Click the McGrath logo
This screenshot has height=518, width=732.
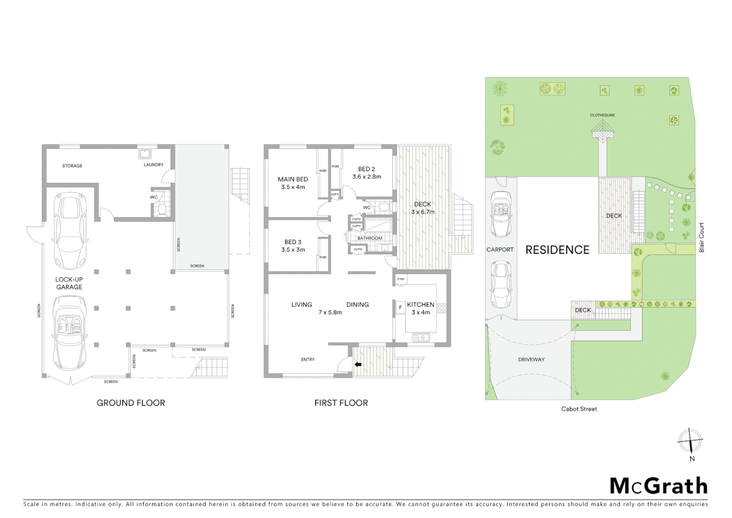(x=659, y=486)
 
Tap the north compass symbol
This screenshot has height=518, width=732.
(x=690, y=440)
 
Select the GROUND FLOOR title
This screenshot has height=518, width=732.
(x=131, y=403)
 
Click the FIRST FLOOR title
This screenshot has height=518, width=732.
(x=341, y=403)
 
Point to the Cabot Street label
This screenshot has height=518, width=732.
(x=579, y=409)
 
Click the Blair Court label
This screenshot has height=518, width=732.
(x=702, y=237)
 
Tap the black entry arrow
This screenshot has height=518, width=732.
(x=358, y=365)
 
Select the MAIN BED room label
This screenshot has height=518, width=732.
(x=293, y=179)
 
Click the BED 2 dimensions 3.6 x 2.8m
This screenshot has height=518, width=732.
(x=366, y=177)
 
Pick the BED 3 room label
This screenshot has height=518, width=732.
(x=293, y=242)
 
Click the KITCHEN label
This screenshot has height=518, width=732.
(x=421, y=305)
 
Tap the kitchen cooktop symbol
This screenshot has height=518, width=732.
(x=441, y=308)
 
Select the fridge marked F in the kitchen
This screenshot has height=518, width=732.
(x=400, y=307)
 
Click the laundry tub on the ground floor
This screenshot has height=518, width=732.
(x=145, y=154)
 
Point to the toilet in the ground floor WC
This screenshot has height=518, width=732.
(x=162, y=209)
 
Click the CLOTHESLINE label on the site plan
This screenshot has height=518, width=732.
(x=602, y=115)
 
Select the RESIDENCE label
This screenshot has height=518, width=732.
(x=557, y=250)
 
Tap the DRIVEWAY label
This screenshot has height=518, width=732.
(x=531, y=359)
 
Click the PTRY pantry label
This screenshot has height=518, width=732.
(x=400, y=279)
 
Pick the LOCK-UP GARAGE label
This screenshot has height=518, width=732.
(x=69, y=283)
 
